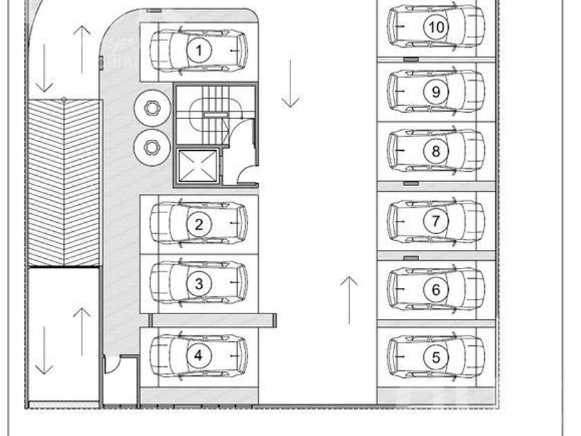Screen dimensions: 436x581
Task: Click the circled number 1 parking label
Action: [x=199, y=51]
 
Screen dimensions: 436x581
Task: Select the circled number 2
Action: [x=199, y=224]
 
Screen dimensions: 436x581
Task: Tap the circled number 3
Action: [x=199, y=283]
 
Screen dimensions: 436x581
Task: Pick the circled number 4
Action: [x=199, y=356]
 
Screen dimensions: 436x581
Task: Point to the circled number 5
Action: [x=436, y=357]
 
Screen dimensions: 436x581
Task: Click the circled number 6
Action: [x=436, y=290]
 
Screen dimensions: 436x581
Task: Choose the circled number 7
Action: [x=436, y=221]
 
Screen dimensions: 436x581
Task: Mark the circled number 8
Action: [x=436, y=150]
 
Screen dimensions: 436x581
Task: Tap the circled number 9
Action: [x=436, y=91]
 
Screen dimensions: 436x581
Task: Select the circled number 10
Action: [x=436, y=28]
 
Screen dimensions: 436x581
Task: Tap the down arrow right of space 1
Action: [x=290, y=83]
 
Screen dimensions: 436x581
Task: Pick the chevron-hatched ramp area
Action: [x=64, y=183]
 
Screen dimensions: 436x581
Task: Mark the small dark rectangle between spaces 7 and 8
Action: [x=411, y=183]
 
